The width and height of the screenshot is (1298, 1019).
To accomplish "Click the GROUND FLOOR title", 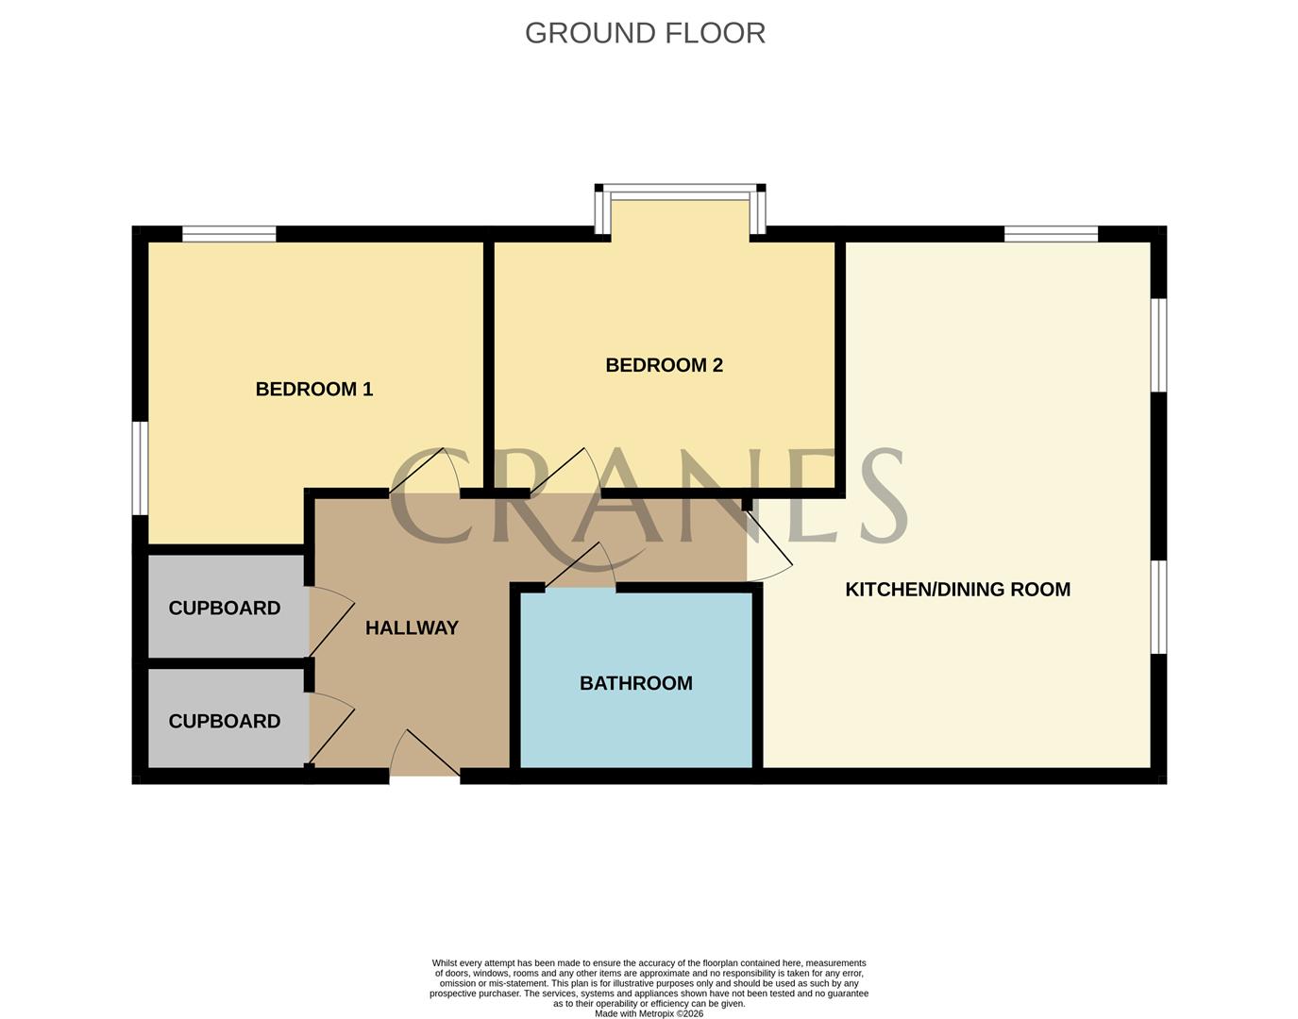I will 645,33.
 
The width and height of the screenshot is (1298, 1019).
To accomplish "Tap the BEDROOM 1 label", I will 314,389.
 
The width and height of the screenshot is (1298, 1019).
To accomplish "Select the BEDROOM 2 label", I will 664,365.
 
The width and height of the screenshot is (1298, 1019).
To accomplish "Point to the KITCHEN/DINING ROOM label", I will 957,590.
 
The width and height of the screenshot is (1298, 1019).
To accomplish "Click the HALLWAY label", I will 412,627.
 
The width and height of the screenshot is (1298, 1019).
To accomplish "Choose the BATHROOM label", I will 635,683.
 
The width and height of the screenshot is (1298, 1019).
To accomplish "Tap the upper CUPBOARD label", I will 224,609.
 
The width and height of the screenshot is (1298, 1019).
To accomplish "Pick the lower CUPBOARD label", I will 224,722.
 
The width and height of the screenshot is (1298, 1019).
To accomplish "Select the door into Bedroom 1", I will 424,472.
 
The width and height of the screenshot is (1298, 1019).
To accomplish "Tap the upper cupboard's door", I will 330,621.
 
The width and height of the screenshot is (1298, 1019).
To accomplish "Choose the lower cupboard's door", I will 330,728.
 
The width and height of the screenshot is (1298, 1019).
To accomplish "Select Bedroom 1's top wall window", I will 229,233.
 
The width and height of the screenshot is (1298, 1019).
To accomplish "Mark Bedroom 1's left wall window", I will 140,468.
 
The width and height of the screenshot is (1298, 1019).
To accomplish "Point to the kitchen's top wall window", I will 1051,233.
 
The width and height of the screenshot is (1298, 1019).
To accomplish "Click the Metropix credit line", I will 649,1014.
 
